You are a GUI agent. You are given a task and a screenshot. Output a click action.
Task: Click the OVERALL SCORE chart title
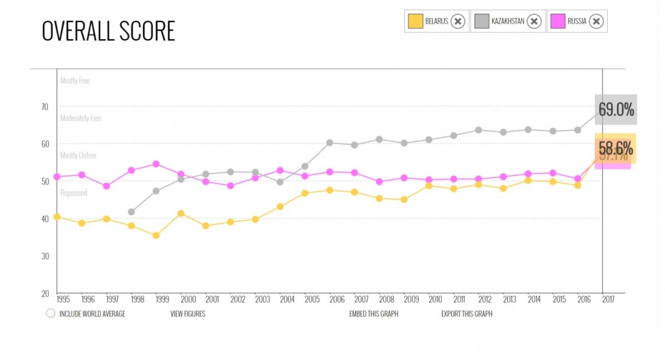click(x=109, y=31)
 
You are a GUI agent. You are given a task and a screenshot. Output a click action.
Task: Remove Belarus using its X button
click(x=458, y=21)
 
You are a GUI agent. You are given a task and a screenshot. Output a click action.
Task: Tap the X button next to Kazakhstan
click(x=534, y=21)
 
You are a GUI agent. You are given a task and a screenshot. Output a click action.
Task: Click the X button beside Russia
click(x=597, y=21)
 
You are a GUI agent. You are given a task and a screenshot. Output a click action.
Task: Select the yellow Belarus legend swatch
click(x=415, y=21)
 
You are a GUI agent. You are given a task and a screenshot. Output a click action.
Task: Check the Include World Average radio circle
click(x=51, y=313)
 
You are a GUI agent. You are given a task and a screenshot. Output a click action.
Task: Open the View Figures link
click(x=188, y=314)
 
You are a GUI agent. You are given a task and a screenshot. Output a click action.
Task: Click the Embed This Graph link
click(x=374, y=314)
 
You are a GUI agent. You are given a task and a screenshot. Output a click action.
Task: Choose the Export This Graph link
click(x=467, y=314)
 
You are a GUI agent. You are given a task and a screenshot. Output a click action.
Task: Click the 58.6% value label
click(x=616, y=148)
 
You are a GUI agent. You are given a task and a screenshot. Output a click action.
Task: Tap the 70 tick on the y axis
click(x=45, y=107)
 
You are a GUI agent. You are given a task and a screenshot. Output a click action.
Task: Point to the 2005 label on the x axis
click(x=311, y=300)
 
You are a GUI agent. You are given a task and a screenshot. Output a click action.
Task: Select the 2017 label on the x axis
click(x=608, y=300)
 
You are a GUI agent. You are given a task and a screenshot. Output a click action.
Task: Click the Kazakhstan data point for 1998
click(x=131, y=212)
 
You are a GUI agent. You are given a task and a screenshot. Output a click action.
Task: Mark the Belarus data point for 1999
click(x=156, y=235)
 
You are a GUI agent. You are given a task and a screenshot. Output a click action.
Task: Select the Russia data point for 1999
click(x=156, y=164)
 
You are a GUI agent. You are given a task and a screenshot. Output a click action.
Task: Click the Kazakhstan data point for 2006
click(x=330, y=142)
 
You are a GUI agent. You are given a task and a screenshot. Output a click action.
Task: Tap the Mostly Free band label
click(x=75, y=81)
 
